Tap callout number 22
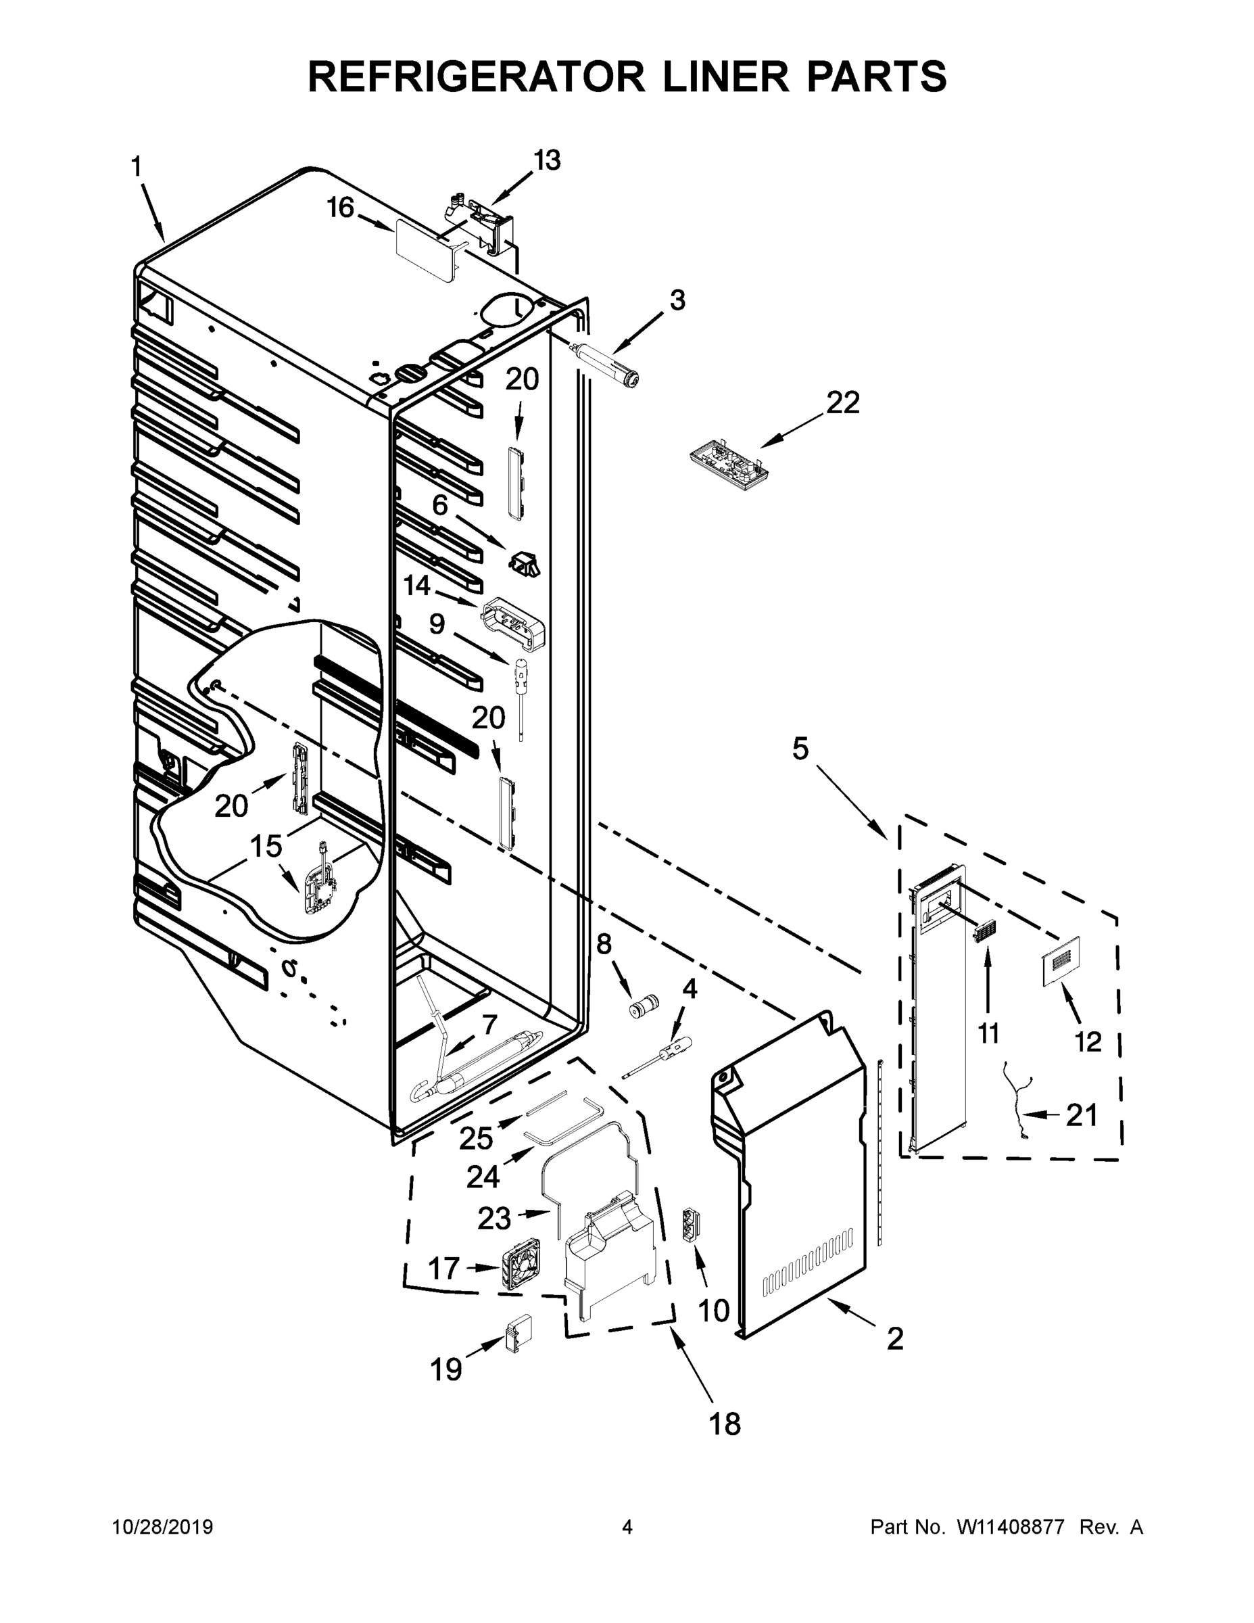pyautogui.click(x=842, y=404)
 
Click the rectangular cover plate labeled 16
pyautogui.click(x=425, y=250)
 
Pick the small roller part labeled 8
pyautogui.click(x=640, y=1010)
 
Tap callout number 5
pyautogui.click(x=799, y=749)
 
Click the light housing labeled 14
pyautogui.click(x=512, y=625)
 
